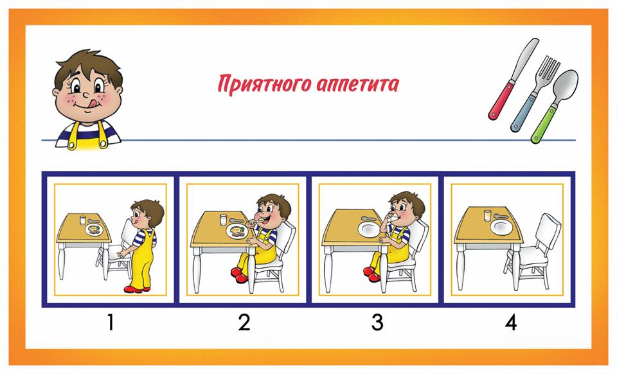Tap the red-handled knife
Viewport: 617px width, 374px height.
point(513,79)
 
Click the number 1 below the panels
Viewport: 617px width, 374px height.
point(111,322)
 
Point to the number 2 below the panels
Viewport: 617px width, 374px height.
point(244,322)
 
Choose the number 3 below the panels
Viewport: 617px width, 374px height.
point(377,322)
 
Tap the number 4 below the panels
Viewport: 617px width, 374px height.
point(511,322)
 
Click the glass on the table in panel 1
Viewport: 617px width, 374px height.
point(83,220)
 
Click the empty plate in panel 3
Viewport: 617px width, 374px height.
point(370,229)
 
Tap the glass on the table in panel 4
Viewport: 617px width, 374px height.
point(488,215)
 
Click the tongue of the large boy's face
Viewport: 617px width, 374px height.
point(92,103)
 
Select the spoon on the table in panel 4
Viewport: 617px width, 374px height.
point(501,216)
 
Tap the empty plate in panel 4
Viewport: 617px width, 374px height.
point(502,227)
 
